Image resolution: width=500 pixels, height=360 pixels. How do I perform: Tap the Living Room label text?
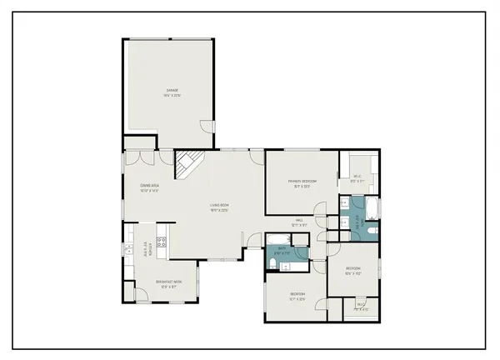219,207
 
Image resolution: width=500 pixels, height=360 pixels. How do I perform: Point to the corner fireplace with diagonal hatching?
187,165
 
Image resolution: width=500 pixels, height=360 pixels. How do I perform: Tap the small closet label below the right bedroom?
361,307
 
